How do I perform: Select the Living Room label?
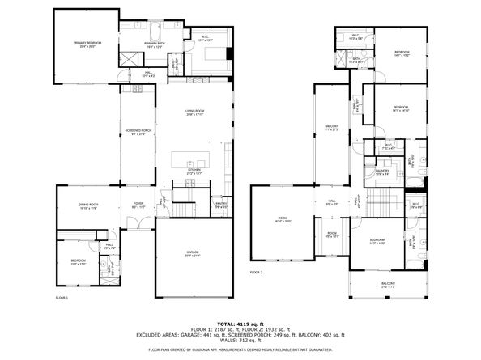(x=194, y=112)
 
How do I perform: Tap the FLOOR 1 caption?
(x=62, y=299)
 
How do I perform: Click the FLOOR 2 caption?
(x=257, y=273)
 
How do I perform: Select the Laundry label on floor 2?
(x=382, y=172)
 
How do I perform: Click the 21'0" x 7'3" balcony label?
(x=389, y=285)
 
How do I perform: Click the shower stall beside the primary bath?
(x=128, y=59)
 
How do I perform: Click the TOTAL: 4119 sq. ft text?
(x=240, y=324)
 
